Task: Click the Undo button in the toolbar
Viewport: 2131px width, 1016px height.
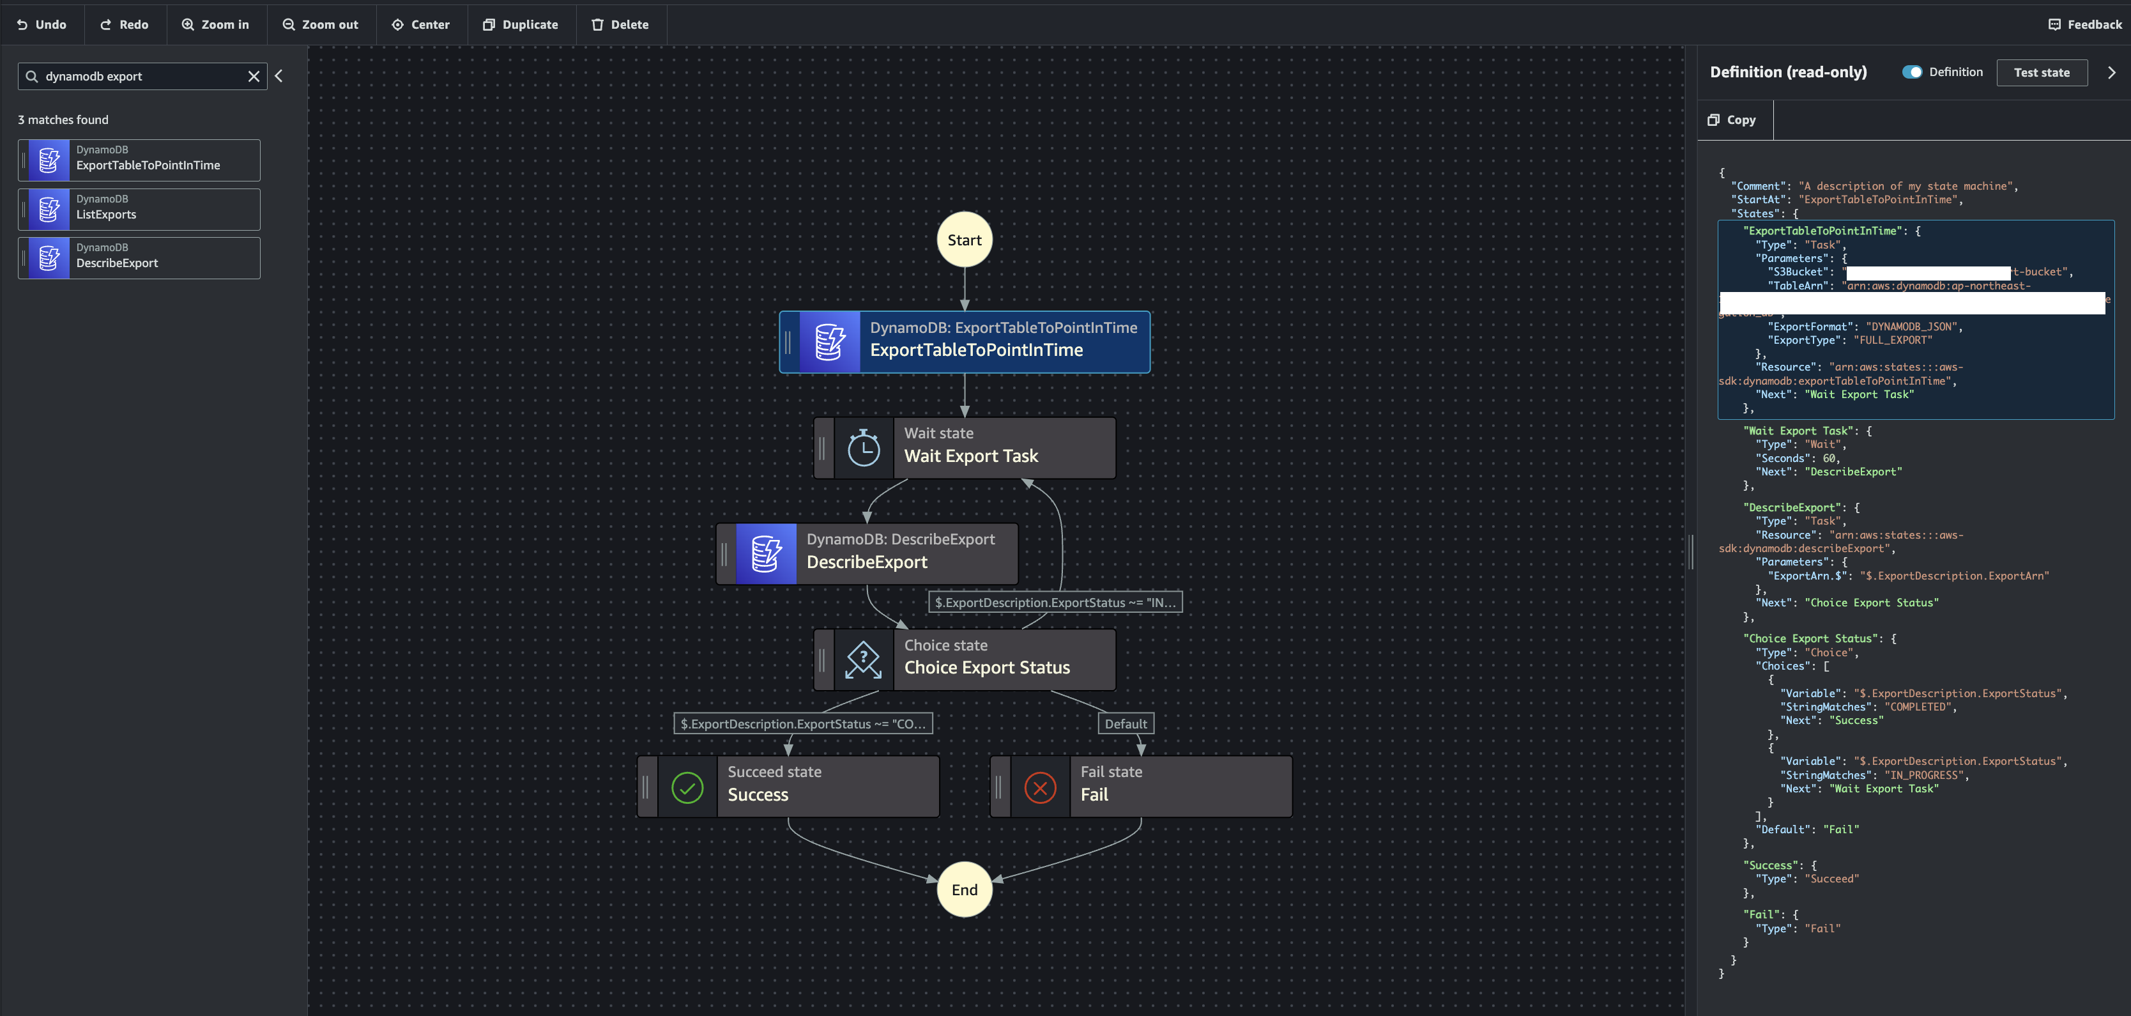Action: coord(42,25)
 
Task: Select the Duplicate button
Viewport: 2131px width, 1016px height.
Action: coord(521,25)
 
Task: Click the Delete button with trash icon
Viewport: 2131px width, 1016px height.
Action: coord(620,25)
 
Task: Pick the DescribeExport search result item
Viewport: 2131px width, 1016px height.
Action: coord(139,258)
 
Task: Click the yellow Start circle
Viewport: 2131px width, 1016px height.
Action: coord(964,240)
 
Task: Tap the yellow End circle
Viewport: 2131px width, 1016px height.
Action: coord(964,889)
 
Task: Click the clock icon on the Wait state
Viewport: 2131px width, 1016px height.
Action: coord(864,447)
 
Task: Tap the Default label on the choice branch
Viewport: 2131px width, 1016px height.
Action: coord(1125,724)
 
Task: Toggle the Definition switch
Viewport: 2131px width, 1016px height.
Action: coord(1912,72)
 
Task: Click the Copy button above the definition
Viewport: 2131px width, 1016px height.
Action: coord(1732,120)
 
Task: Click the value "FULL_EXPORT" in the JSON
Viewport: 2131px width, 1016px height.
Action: coord(1893,340)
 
